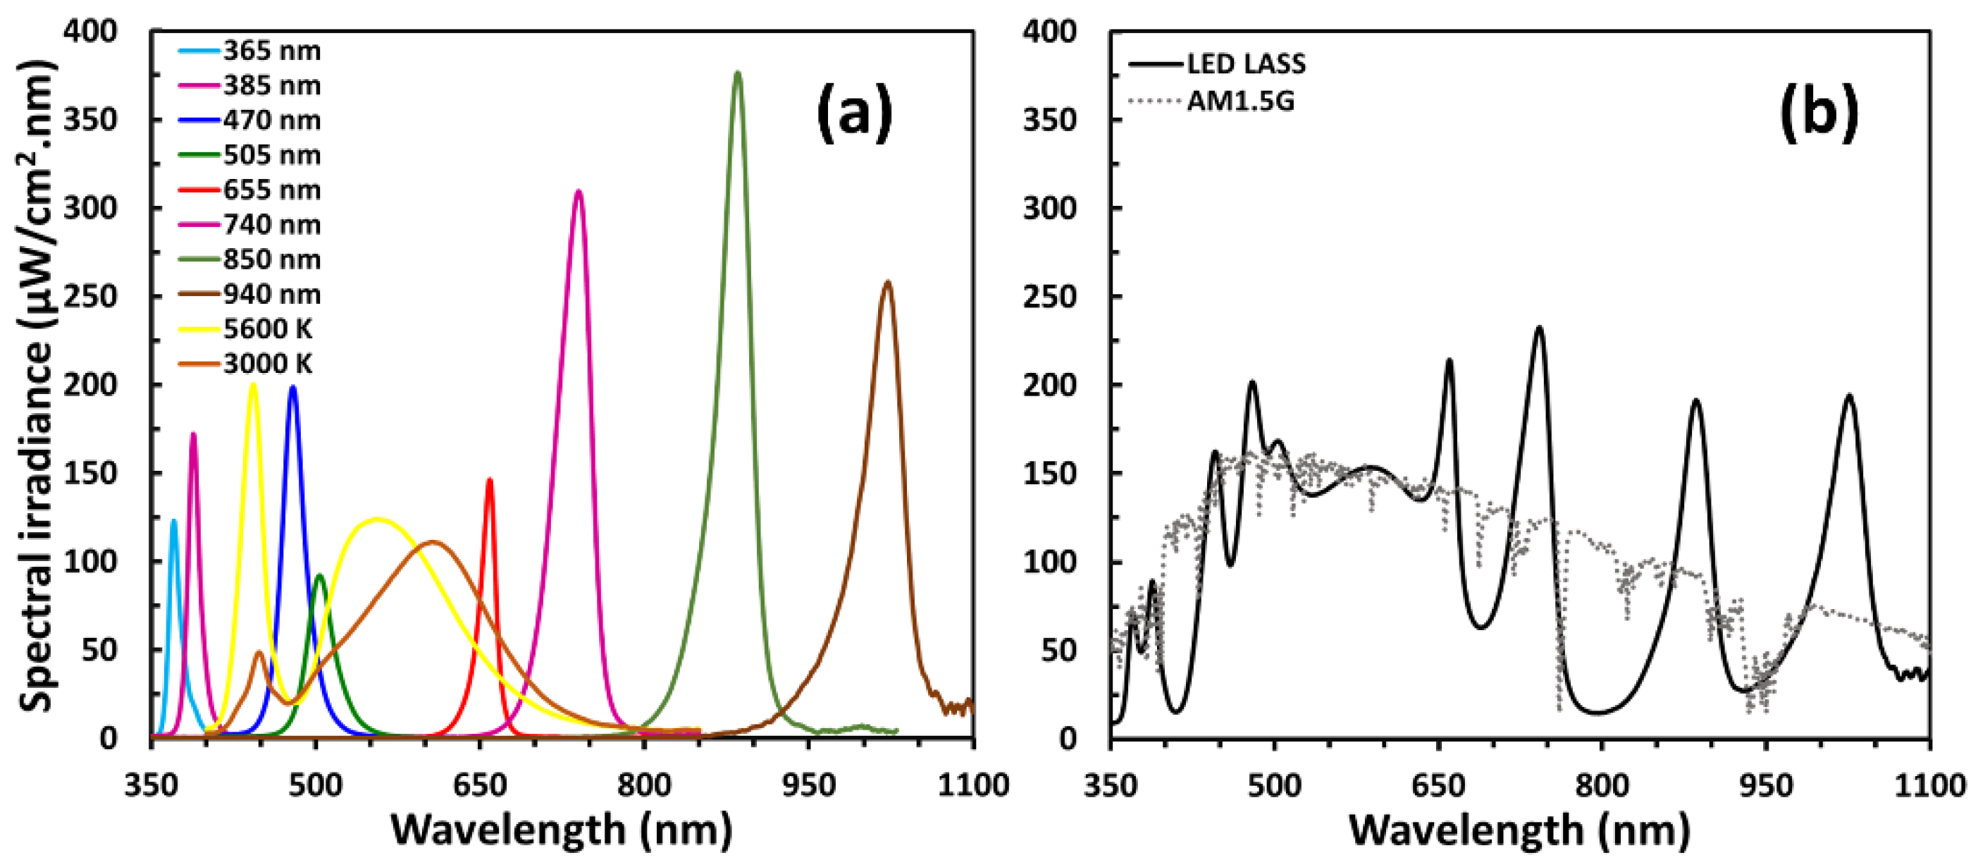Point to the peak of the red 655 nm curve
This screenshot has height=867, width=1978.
[489, 481]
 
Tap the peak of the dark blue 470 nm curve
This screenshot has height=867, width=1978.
[292, 388]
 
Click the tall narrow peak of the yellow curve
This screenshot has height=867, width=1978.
[253, 386]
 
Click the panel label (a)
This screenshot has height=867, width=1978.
[855, 113]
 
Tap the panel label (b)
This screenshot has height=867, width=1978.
[1819, 113]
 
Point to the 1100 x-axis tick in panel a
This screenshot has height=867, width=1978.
[973, 785]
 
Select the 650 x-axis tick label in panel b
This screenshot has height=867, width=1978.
[1438, 785]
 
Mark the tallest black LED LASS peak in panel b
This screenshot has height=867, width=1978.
[1539, 328]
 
